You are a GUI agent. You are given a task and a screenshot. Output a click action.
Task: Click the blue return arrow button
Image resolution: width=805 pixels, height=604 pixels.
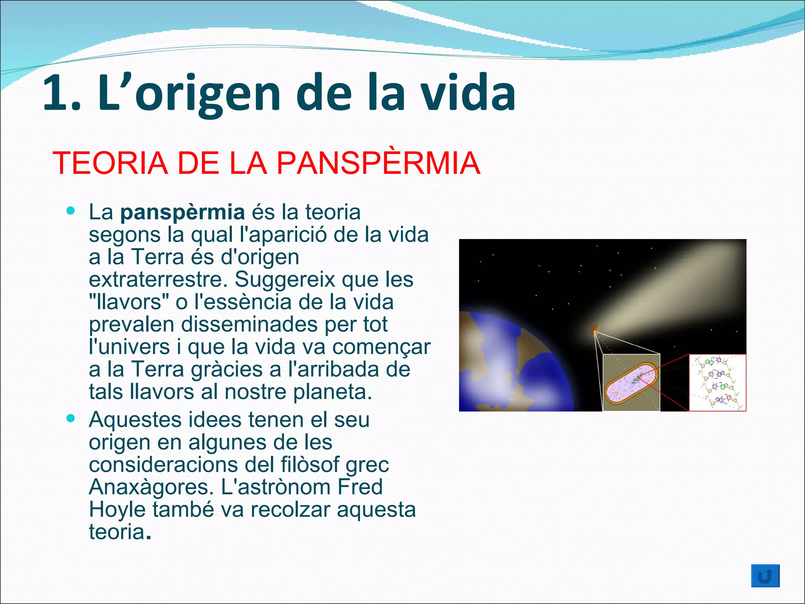point(765,576)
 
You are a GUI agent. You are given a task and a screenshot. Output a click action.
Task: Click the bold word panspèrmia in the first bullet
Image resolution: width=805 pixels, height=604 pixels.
point(182,213)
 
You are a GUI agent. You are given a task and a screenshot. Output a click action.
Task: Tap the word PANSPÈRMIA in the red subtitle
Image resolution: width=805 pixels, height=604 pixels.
point(379,163)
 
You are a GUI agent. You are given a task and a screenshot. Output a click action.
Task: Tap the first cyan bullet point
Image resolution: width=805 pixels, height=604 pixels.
point(71,211)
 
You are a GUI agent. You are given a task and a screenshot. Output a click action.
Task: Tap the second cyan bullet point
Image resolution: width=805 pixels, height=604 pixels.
point(71,418)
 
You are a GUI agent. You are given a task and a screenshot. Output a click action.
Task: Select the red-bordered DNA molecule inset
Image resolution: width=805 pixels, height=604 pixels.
point(717,383)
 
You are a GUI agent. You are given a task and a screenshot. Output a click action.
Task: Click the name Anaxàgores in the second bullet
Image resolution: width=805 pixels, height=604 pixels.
point(151,487)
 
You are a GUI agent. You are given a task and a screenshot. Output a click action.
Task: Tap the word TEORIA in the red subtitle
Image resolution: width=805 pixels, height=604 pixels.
point(110,163)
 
